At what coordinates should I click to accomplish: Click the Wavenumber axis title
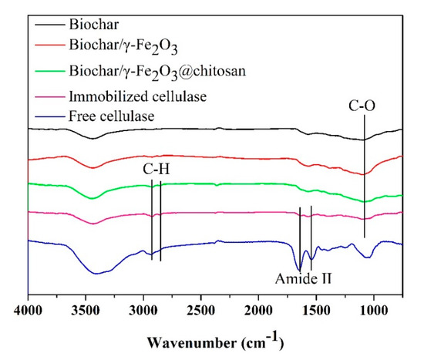point(214,340)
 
